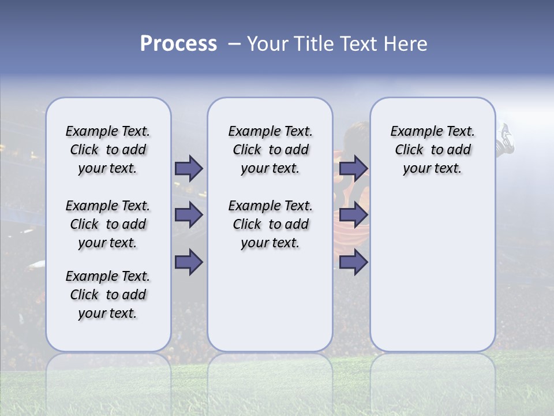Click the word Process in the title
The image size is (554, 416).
coord(178,43)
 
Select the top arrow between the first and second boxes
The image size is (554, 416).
coord(189,169)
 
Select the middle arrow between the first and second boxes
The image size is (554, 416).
coord(189,215)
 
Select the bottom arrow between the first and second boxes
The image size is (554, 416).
coord(189,262)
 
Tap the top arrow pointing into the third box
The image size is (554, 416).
coord(354,169)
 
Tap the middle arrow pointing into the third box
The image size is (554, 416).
coord(354,215)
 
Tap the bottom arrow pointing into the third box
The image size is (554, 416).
coord(354,262)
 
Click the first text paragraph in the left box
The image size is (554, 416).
coord(108,150)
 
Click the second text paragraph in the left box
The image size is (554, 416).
coord(108,224)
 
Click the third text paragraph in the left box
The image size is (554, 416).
coord(108,295)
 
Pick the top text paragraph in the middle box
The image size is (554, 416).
coord(270,150)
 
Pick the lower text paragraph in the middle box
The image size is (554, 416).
coord(270,224)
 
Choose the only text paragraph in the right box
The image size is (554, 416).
coord(432,150)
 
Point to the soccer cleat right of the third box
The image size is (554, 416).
coord(506,139)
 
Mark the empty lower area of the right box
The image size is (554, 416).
coord(432,272)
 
